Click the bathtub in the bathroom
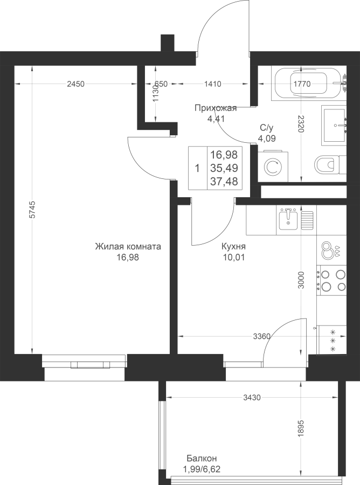(309, 83)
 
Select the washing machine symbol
(273, 167)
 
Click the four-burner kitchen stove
(331, 280)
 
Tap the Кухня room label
(233, 246)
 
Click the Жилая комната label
(128, 246)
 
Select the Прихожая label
(216, 108)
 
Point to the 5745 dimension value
(32, 210)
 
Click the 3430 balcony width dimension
(252, 398)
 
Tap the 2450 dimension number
(76, 84)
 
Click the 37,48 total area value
(224, 182)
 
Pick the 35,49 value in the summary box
(224, 168)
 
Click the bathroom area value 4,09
(267, 138)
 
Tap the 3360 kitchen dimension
(262, 336)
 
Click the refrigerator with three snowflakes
(331, 340)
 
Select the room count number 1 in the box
(197, 169)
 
